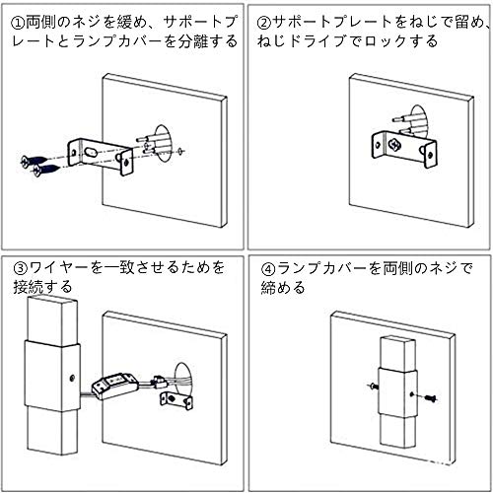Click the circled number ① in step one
coord(19,24)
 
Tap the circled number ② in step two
coord(264,24)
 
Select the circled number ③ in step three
coord(20,268)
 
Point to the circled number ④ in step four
coord(268,269)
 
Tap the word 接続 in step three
coord(28,287)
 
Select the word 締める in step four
coord(283,288)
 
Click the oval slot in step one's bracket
coord(92,152)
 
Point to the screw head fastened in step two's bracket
coord(393,145)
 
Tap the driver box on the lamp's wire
coord(113,386)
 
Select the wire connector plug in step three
coord(159,382)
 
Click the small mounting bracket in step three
coord(176,401)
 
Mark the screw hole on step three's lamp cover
coord(73,378)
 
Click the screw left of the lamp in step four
coord(373,386)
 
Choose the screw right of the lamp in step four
coord(430,398)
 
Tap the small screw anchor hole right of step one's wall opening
coord(181,152)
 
